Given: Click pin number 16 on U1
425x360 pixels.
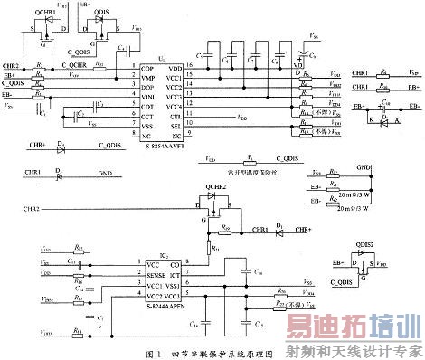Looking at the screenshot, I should point(189,69).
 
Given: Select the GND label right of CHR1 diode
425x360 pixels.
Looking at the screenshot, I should point(105,173).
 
